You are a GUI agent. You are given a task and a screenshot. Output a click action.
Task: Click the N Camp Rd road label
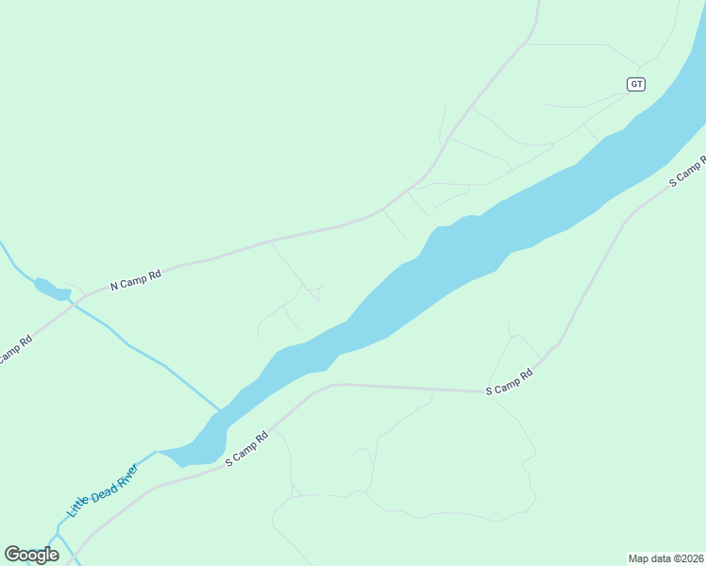[136, 279]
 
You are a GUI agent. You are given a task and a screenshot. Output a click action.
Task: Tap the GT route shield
[636, 84]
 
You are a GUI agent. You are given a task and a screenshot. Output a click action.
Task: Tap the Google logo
[31, 555]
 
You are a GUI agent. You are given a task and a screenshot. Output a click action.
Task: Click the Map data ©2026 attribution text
[665, 558]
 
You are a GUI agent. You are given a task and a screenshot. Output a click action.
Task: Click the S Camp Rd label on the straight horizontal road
[510, 382]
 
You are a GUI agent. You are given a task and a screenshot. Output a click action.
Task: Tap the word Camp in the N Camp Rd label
[133, 280]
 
